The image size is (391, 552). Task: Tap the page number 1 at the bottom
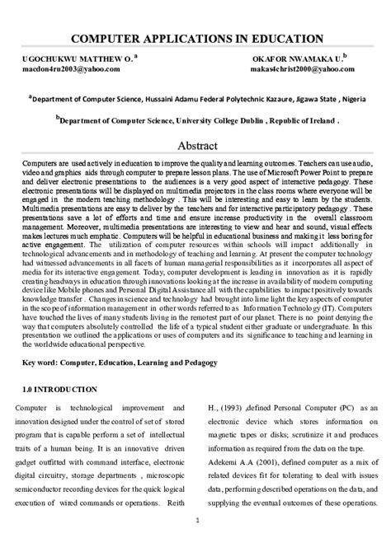pos(195,543)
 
